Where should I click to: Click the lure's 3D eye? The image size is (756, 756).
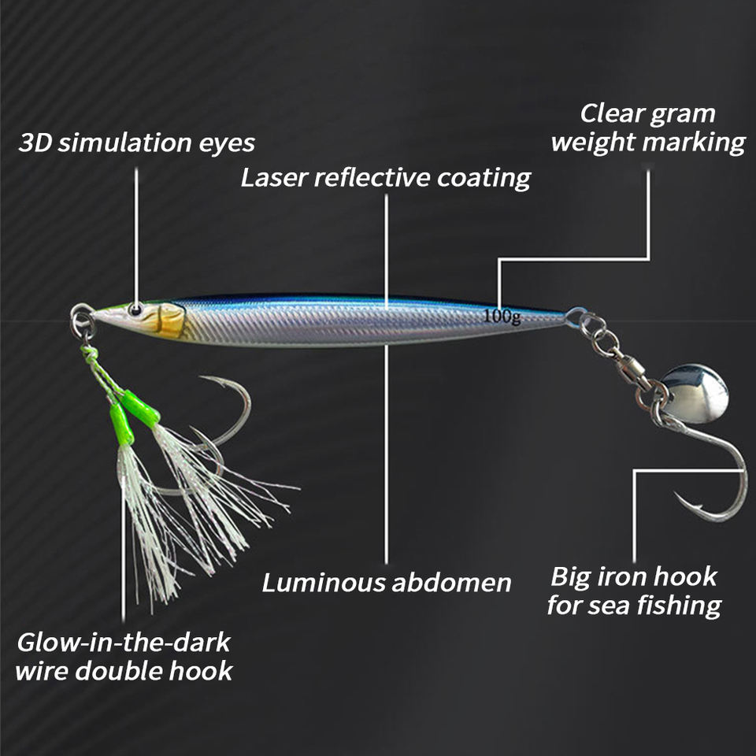[x=136, y=309]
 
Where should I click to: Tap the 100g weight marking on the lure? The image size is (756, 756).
[x=502, y=317]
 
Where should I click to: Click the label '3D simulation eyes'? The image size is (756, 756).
[x=136, y=143]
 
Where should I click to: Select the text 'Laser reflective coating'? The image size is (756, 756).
[x=386, y=178]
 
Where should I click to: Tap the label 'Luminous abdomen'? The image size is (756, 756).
[x=387, y=583]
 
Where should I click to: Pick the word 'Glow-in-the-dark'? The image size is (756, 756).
[x=124, y=642]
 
